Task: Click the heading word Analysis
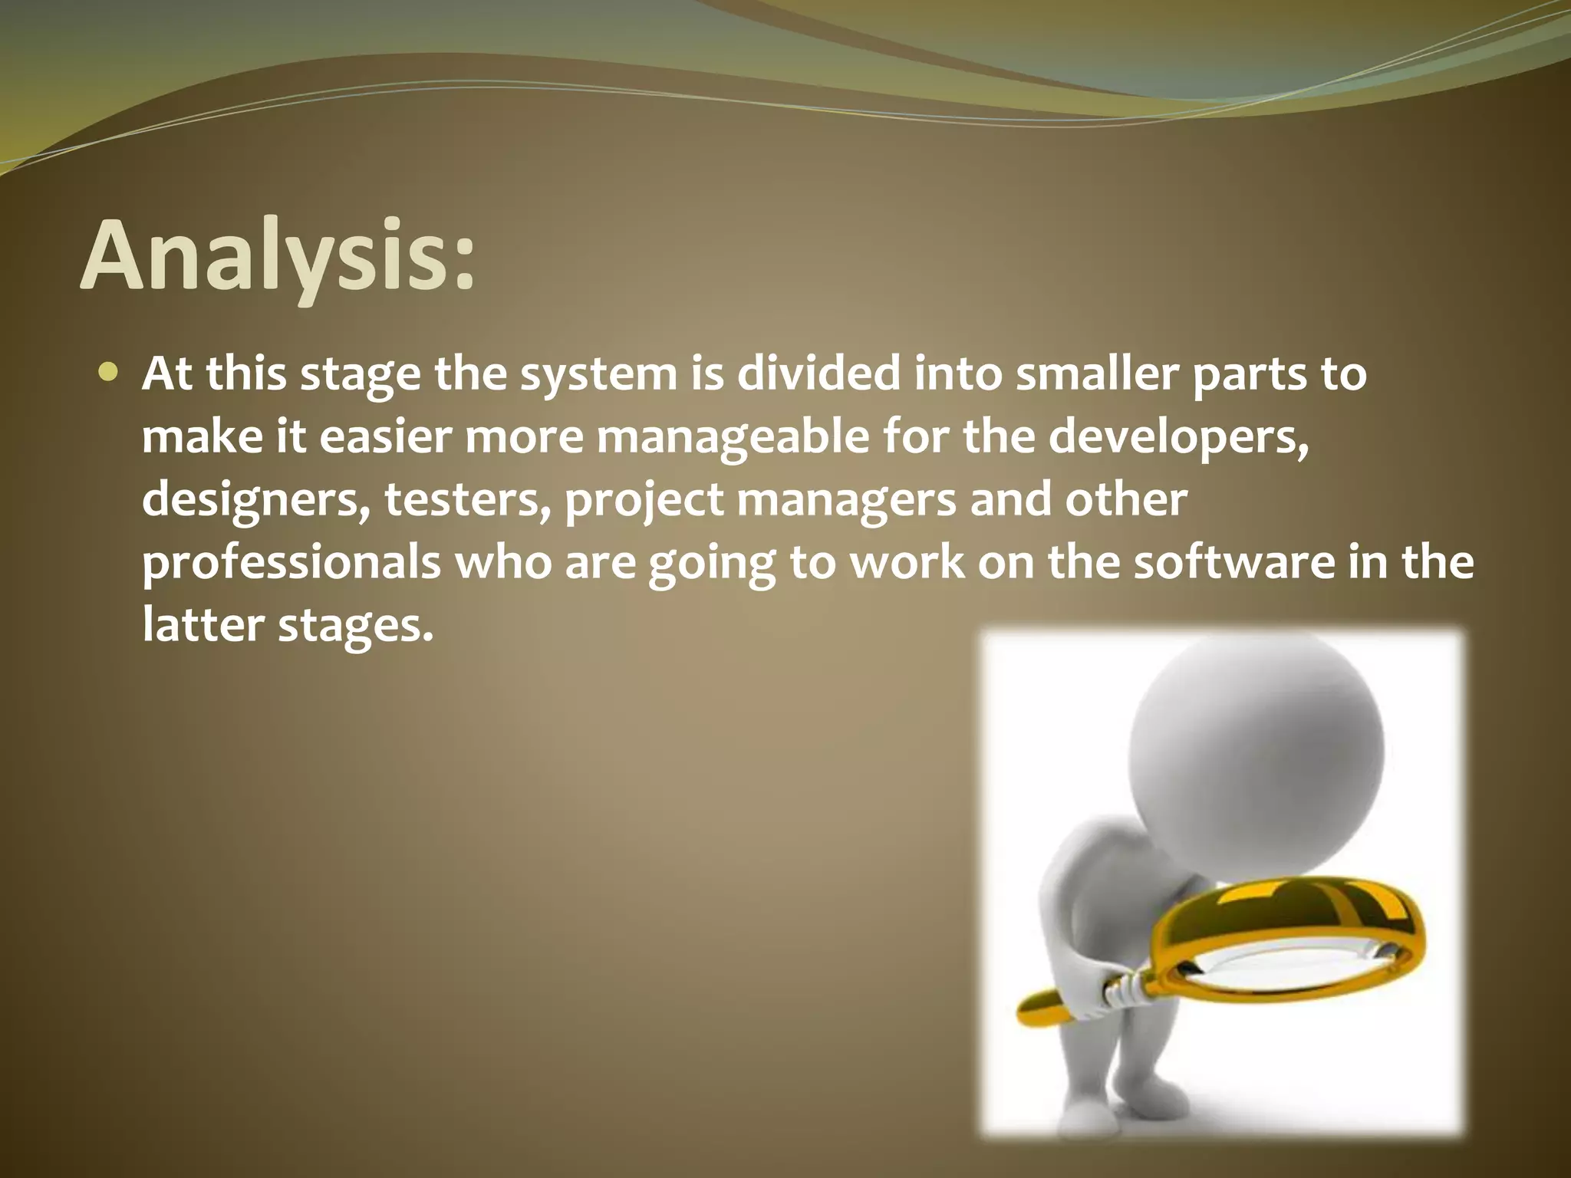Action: [276, 255]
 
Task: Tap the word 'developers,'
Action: [1178, 437]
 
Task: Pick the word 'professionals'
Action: [291, 562]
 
